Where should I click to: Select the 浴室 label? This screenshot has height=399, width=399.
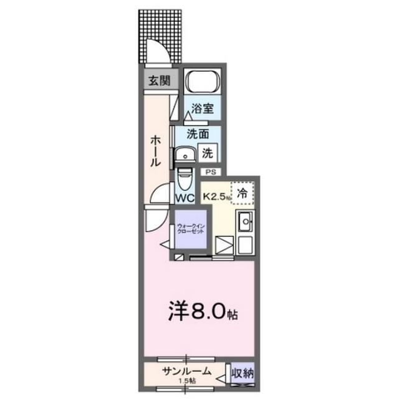click(x=203, y=107)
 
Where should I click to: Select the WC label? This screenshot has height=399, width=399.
click(x=185, y=198)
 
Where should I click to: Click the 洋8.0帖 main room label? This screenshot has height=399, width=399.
click(x=203, y=311)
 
